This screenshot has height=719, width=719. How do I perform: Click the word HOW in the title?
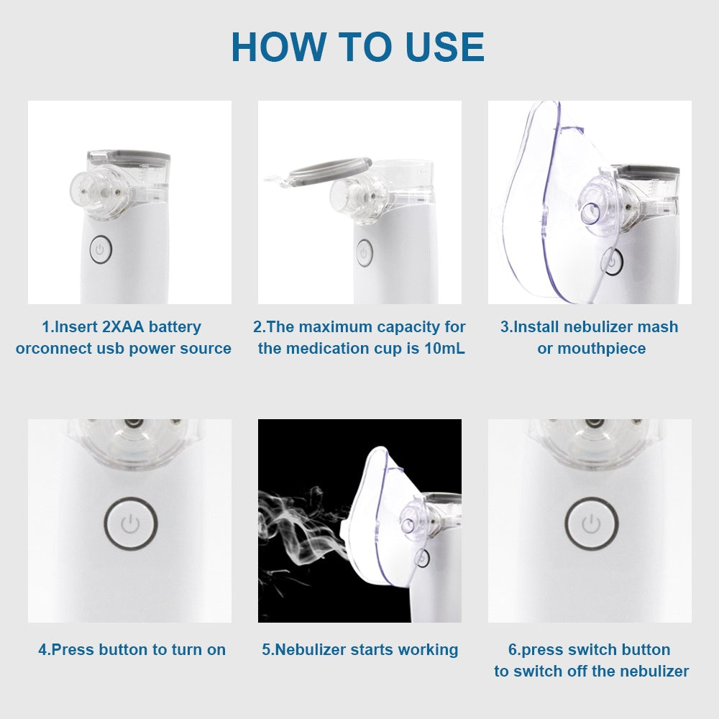point(280,47)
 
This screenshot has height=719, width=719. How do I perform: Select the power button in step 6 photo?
point(590,523)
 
